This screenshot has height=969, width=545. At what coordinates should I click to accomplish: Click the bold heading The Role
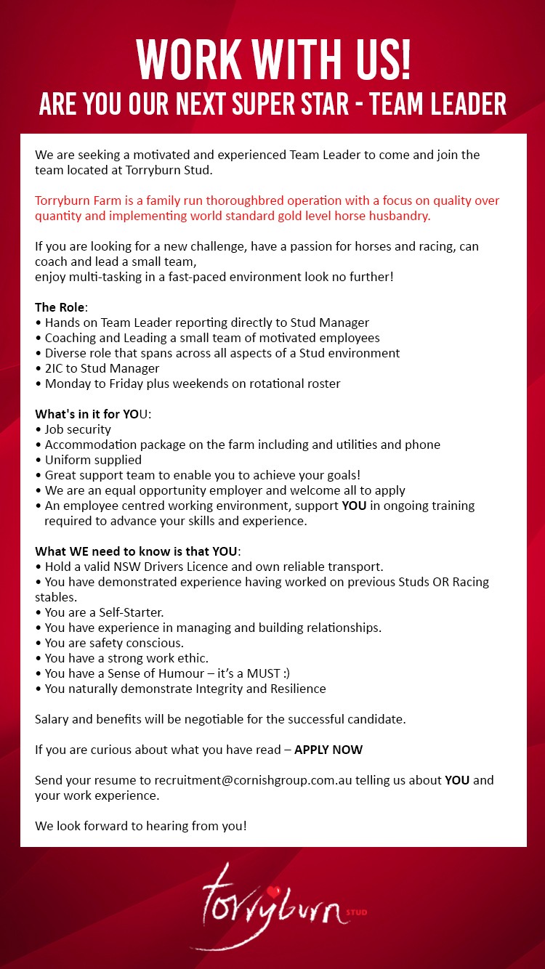point(60,307)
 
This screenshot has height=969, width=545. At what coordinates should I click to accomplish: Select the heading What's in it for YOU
point(93,414)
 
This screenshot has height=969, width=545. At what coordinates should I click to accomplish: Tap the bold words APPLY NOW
point(328,750)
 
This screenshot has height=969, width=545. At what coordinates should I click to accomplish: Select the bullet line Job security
point(78,429)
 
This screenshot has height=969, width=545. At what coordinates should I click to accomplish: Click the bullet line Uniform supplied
point(93,460)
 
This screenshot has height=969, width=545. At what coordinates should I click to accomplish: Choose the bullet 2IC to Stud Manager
point(102,368)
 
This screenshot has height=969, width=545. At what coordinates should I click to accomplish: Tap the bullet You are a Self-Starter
point(104,612)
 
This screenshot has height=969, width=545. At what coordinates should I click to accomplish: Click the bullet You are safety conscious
point(114,643)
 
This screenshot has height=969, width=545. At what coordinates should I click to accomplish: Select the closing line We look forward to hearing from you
point(141,826)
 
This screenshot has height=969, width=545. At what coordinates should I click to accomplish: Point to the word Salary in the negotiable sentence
point(52,719)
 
